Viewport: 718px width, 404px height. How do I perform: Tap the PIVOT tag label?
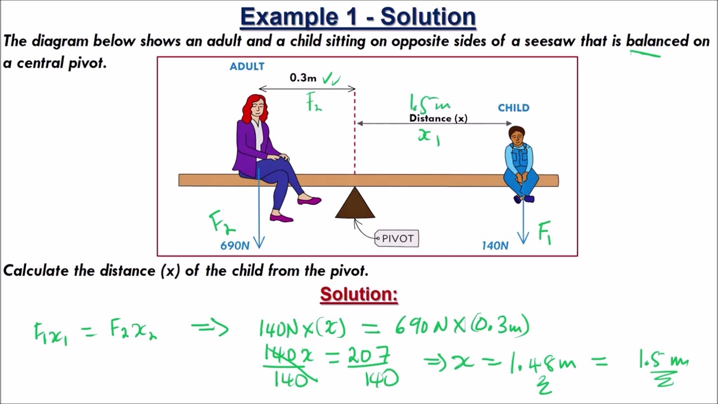coord(398,238)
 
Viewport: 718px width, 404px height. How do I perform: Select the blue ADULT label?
coord(247,67)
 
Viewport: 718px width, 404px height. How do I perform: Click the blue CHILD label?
coord(513,108)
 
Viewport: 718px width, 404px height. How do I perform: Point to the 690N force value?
coord(234,246)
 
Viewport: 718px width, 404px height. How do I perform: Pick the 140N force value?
coord(495,246)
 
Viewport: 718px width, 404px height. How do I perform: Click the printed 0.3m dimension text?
coord(303,78)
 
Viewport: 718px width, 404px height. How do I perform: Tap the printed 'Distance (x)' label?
coord(438,118)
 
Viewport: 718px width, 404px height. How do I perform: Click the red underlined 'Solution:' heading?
coord(359,295)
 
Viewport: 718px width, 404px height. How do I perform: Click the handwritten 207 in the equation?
coord(368,355)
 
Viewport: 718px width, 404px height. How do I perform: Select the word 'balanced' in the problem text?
coord(657,41)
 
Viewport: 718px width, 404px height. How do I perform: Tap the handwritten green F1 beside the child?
coord(545,232)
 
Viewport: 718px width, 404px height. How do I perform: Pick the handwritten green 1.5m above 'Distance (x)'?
coord(430,104)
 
